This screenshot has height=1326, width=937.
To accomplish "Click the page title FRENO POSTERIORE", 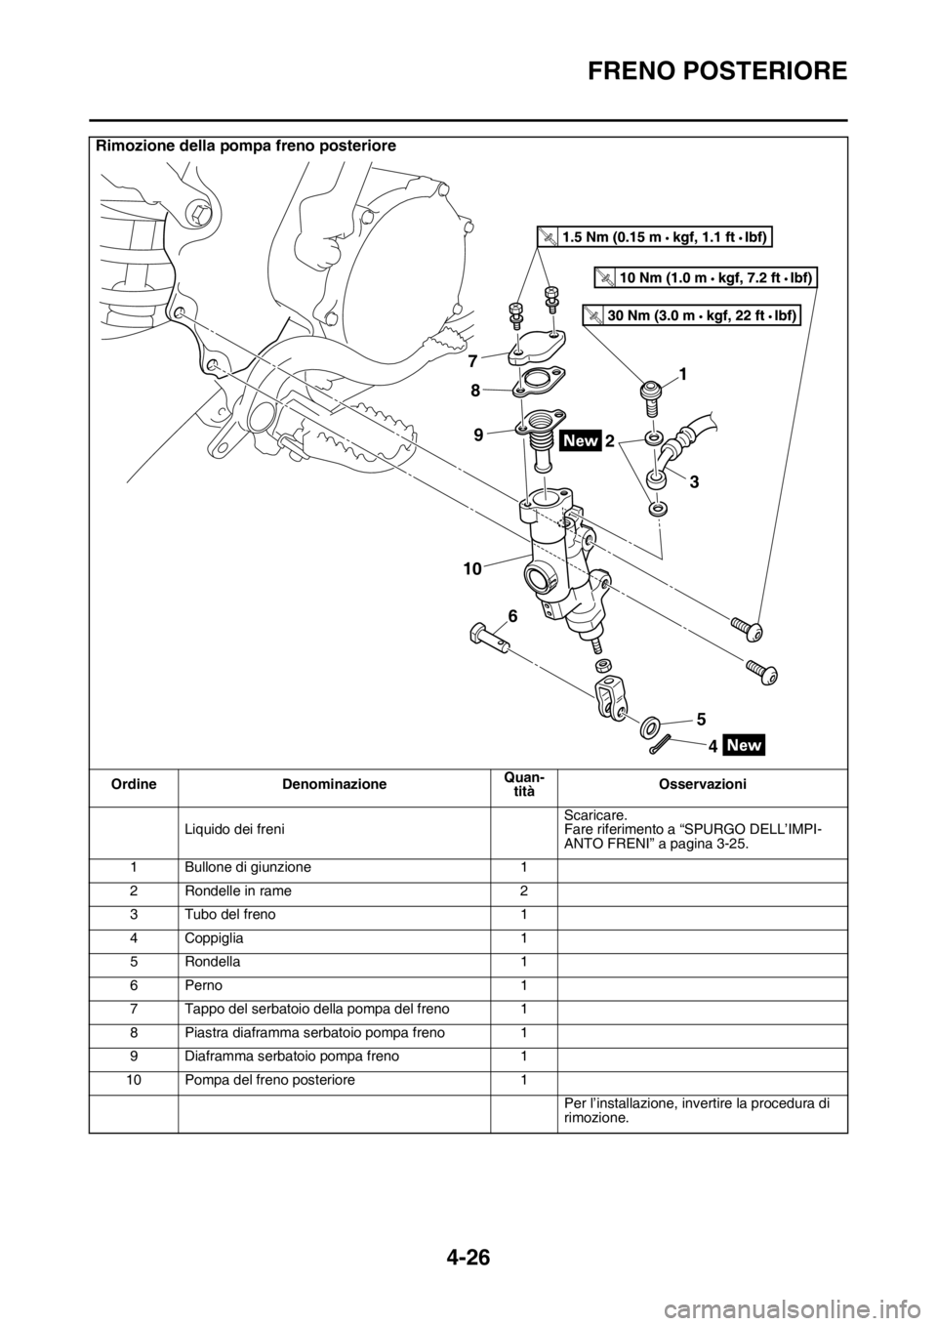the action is (717, 71).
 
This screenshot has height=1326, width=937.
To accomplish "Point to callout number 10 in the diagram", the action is (472, 569).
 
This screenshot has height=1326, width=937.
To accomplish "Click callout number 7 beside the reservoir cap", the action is (472, 360).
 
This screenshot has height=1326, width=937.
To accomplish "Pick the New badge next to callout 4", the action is (745, 745).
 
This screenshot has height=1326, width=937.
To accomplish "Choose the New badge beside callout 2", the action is (582, 439).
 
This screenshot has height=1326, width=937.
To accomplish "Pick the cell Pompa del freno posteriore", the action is (270, 1080).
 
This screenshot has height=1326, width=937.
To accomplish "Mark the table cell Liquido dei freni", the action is (235, 829).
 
